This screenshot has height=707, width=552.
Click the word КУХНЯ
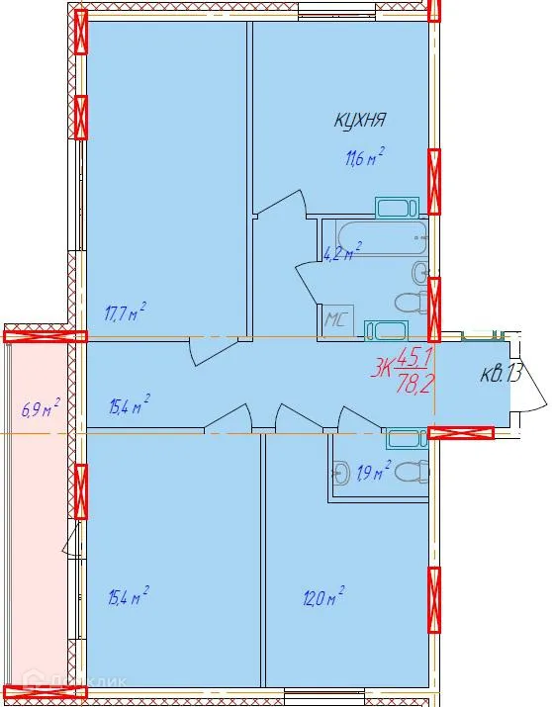pyautogui.click(x=358, y=121)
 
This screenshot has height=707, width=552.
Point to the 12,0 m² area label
pyautogui.click(x=323, y=596)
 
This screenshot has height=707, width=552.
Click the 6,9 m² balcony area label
pyautogui.click(x=41, y=406)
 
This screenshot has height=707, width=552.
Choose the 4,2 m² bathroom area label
pyautogui.click(x=342, y=251)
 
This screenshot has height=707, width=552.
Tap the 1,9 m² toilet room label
pyautogui.click(x=373, y=470)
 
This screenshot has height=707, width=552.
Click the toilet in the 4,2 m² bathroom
pyautogui.click(x=410, y=302)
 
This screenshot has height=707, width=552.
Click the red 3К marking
pyautogui.click(x=382, y=371)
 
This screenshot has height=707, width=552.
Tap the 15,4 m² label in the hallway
pyautogui.click(x=129, y=404)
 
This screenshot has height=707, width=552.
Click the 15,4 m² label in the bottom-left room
pyautogui.click(x=129, y=596)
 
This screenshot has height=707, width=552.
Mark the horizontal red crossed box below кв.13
pyautogui.click(x=461, y=432)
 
